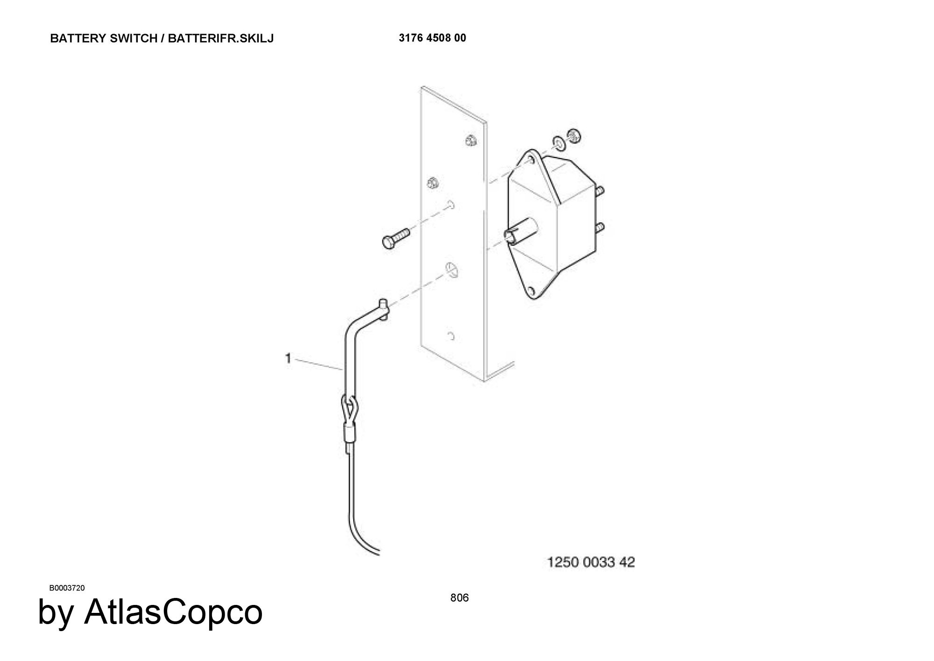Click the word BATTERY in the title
pyautogui.click(x=78, y=38)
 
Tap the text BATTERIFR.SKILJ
pyautogui.click(x=221, y=38)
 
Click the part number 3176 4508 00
pyautogui.click(x=432, y=38)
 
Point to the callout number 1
pyautogui.click(x=288, y=358)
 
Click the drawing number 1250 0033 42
pyautogui.click(x=591, y=562)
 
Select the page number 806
pyautogui.click(x=460, y=597)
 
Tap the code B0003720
pyautogui.click(x=67, y=588)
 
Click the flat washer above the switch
pyautogui.click(x=558, y=142)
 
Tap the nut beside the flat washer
pyautogui.click(x=573, y=136)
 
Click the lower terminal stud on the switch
pyautogui.click(x=600, y=227)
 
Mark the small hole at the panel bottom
pyautogui.click(x=451, y=336)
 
